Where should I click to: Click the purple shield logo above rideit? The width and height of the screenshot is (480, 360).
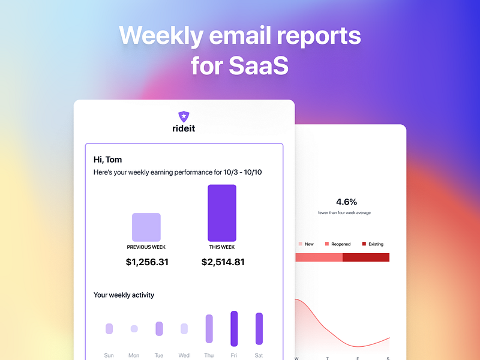(x=184, y=116)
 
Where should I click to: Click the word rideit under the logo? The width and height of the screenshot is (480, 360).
(x=184, y=128)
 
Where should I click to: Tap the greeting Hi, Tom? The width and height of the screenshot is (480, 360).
(x=108, y=160)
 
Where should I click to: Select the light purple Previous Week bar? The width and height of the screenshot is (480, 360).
(x=146, y=227)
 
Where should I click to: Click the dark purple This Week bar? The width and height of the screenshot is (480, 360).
(x=222, y=213)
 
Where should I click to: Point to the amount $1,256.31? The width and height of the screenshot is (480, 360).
(x=147, y=262)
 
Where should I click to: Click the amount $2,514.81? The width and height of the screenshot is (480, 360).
(x=223, y=262)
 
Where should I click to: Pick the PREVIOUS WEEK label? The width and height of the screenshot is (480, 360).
(x=146, y=247)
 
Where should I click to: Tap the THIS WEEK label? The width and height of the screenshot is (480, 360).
(x=222, y=247)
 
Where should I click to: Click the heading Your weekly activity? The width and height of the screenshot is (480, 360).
(x=124, y=295)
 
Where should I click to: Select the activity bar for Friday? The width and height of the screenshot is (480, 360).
(x=234, y=328)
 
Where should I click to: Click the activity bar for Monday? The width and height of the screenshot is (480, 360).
(x=134, y=329)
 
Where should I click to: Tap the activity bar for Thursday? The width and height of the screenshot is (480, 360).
(x=209, y=328)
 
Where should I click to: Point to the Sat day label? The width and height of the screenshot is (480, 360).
(x=259, y=355)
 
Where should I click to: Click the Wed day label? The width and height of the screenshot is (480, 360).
(x=184, y=355)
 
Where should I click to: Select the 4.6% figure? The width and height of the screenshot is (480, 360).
(x=347, y=202)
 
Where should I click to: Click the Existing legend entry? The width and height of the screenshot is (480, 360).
(x=373, y=244)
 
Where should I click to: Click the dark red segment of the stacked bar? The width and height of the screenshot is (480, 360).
(x=366, y=257)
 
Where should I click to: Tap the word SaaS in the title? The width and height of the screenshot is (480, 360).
(x=259, y=65)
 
